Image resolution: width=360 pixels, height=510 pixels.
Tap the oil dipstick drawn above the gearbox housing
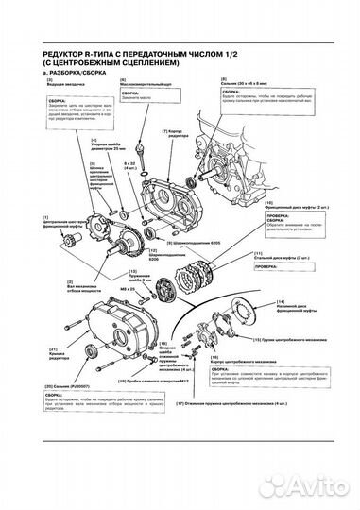point(141,133)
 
